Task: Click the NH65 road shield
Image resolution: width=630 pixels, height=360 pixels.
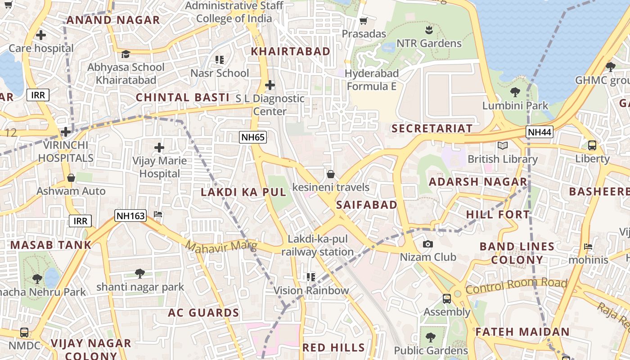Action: (253, 137)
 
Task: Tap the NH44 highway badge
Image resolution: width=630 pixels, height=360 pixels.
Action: (540, 132)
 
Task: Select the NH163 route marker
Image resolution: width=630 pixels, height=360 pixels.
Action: (130, 216)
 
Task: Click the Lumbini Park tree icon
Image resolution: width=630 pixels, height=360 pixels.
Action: (515, 93)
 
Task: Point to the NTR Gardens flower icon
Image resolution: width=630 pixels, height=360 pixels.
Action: (428, 30)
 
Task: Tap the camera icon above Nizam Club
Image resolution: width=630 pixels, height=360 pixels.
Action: (428, 244)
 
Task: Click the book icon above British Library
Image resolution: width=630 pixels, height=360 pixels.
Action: (502, 146)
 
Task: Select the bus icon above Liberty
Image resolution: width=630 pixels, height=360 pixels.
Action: (592, 145)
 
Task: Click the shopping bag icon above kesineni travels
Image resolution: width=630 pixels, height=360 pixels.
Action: (331, 174)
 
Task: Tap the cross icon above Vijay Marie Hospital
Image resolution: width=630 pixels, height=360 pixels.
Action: (159, 148)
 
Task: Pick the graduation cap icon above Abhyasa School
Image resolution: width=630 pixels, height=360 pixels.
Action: (126, 54)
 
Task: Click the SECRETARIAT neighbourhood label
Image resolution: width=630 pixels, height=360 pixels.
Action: (432, 129)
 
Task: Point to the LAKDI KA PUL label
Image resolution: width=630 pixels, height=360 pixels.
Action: (243, 192)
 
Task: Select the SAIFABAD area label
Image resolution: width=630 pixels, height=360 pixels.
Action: (367, 205)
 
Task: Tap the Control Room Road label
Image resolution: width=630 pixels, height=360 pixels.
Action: (516, 285)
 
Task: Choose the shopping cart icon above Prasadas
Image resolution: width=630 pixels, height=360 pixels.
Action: (364, 21)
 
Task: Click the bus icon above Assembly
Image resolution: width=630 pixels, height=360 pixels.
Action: (447, 299)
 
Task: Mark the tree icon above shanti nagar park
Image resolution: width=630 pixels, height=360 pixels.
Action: (140, 273)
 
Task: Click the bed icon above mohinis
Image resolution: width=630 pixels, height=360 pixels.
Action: (588, 247)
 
